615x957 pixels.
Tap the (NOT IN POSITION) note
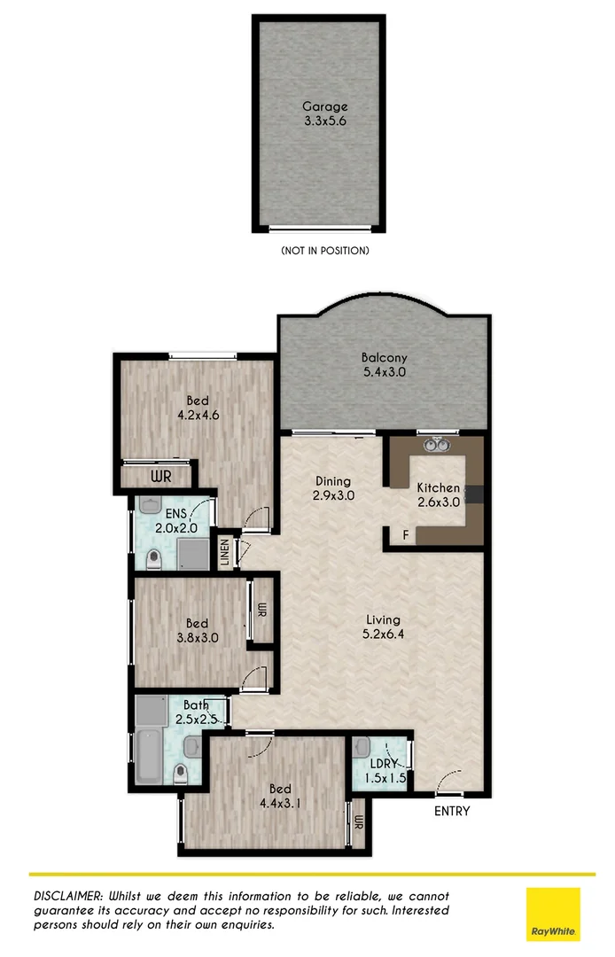[324, 251]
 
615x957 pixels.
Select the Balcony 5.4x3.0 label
[383, 365]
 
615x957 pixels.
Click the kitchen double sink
[435, 446]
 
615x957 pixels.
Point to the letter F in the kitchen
[406, 536]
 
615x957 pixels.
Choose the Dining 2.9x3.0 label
[333, 488]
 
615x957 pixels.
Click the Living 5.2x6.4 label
[382, 626]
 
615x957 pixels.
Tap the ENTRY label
[451, 811]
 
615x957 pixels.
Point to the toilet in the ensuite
[154, 558]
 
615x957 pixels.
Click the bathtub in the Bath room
[150, 758]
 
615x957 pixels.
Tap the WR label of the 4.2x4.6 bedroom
[160, 477]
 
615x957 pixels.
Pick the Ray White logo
[553, 914]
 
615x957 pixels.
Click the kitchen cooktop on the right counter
[474, 494]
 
